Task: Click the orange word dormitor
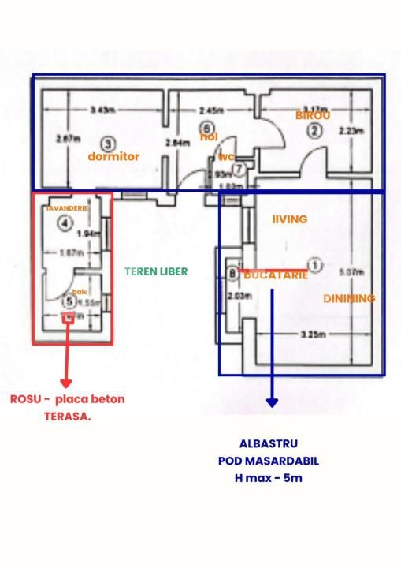click(x=113, y=156)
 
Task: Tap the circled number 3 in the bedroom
click(x=108, y=144)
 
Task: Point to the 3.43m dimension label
click(x=100, y=109)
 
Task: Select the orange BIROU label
click(x=312, y=115)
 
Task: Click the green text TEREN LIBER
click(x=156, y=271)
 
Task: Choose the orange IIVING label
click(x=289, y=219)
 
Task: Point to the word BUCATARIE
click(x=276, y=275)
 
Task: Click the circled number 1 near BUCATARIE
click(x=314, y=266)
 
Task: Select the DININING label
click(x=349, y=298)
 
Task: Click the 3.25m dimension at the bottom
click(x=313, y=334)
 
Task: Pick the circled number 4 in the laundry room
click(x=65, y=223)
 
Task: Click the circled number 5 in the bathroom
click(x=69, y=301)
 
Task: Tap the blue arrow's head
click(x=272, y=402)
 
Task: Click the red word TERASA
click(x=67, y=416)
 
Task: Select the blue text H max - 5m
click(x=269, y=478)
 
